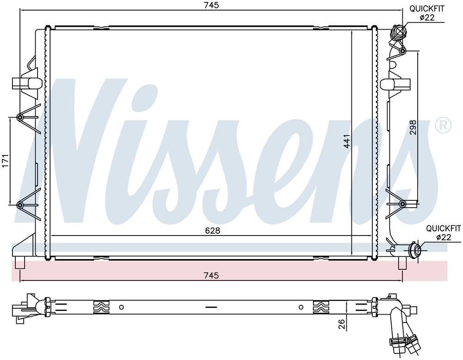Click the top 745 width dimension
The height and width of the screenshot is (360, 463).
point(211,5)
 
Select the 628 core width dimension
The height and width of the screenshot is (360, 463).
point(213,230)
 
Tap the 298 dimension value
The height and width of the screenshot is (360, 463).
point(413,127)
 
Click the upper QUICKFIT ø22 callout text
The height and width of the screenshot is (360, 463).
point(427,13)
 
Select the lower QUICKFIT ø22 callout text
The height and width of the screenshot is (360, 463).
point(444,233)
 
